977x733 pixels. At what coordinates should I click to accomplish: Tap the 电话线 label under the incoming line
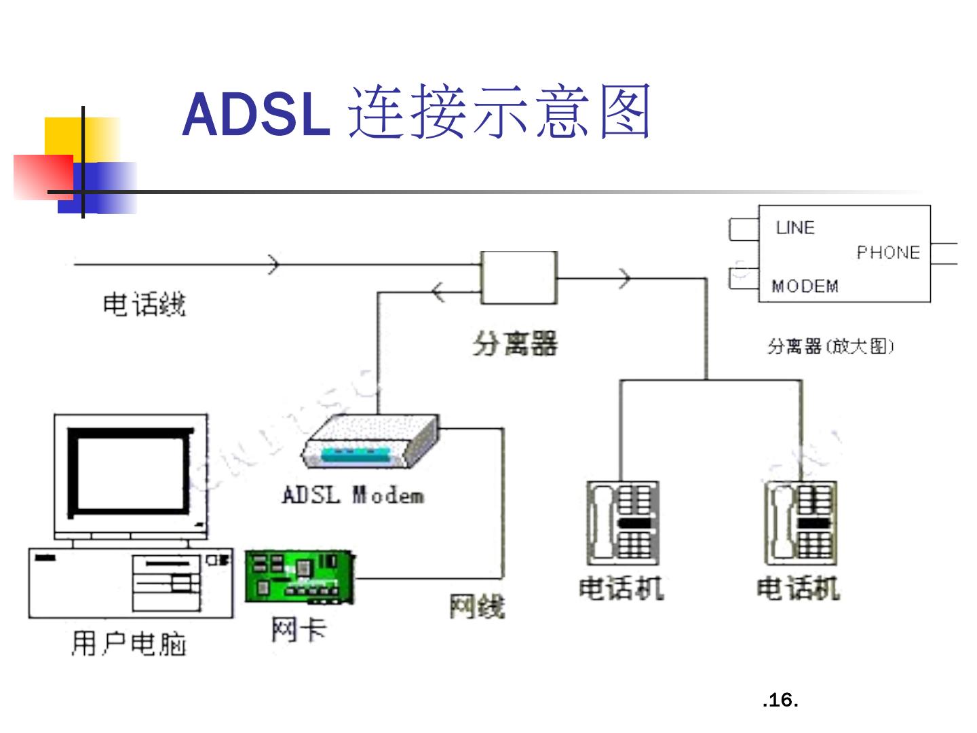click(145, 305)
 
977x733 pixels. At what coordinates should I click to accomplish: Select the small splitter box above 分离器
click(518, 278)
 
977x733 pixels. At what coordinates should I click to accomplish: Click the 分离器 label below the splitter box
click(514, 343)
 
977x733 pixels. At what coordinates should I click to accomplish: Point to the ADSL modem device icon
click(370, 441)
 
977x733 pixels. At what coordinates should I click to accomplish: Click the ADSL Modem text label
click(353, 495)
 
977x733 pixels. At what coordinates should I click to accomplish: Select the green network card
click(300, 577)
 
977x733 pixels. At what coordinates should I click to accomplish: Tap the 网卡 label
click(299, 631)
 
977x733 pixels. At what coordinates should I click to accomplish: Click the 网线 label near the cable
click(477, 606)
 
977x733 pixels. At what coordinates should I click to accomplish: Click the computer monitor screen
click(130, 472)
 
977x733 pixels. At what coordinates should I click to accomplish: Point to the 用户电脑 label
click(128, 643)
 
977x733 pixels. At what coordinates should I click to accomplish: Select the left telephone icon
click(623, 523)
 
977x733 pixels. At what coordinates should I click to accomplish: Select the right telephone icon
click(801, 523)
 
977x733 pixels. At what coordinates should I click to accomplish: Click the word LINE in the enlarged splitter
click(795, 228)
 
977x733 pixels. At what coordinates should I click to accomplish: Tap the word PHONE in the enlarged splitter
click(888, 252)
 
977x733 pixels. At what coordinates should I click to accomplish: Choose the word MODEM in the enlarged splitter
click(805, 286)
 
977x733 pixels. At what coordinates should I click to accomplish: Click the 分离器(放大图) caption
click(830, 346)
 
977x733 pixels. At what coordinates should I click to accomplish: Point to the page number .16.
click(780, 700)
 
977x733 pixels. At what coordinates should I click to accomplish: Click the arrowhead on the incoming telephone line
click(273, 265)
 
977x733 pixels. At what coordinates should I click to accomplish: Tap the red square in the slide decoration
click(43, 177)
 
